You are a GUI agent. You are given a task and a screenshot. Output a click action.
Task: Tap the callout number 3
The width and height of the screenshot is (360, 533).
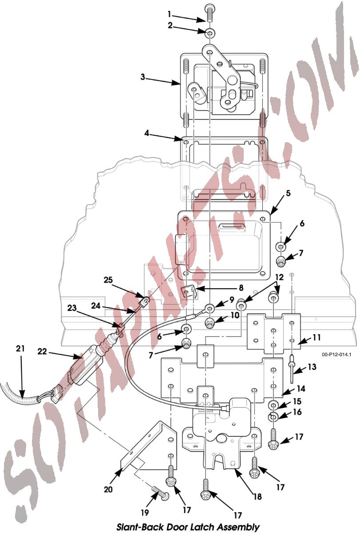(x=143, y=76)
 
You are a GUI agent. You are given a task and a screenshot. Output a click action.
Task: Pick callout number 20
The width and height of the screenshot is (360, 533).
(x=108, y=489)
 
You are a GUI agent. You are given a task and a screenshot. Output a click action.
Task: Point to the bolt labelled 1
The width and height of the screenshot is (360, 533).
(x=209, y=14)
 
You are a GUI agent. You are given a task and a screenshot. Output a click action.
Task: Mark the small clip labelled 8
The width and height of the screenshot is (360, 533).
(x=189, y=292)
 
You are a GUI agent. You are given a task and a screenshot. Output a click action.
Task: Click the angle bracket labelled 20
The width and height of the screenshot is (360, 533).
(x=151, y=449)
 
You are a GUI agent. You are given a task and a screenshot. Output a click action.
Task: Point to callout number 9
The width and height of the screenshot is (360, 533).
(x=231, y=300)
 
